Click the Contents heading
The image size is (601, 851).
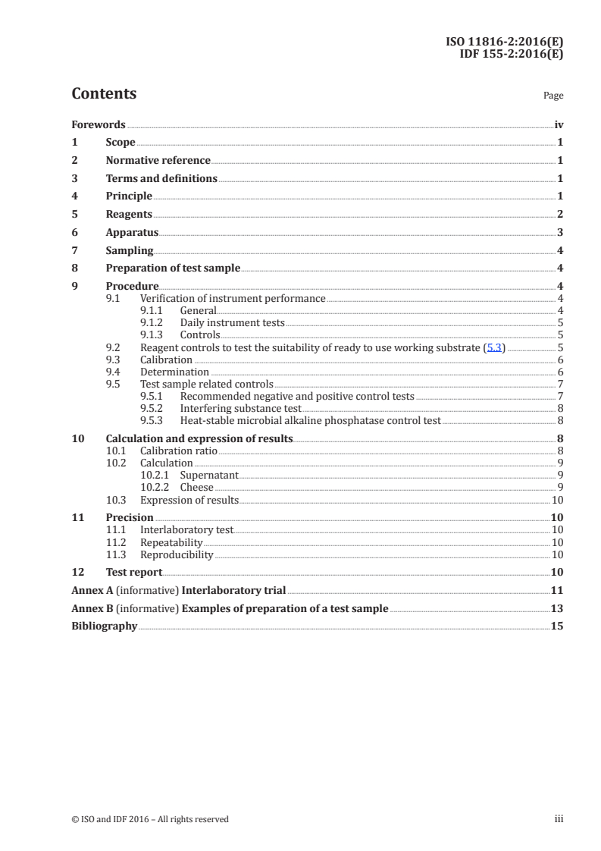point(104,94)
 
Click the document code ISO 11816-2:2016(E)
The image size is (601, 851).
point(504,42)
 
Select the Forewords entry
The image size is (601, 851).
point(99,124)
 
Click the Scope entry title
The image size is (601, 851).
point(121,143)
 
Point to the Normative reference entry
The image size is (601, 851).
point(158,161)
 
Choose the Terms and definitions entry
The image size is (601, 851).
point(161,179)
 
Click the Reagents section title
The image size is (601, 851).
point(129,215)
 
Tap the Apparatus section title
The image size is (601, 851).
point(132,233)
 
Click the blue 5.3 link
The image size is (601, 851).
point(493,347)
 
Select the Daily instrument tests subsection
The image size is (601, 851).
point(232,322)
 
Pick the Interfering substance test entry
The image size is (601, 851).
point(240,408)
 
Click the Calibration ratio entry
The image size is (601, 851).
point(178,451)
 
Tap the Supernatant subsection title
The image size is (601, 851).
point(208,475)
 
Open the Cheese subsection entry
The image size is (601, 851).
point(196,487)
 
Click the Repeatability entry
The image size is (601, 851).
point(171,542)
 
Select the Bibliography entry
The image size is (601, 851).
point(104,626)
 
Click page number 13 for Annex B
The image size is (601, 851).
point(557,608)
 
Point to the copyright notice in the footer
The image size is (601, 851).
point(149,818)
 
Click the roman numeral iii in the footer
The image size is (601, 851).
point(559,818)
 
